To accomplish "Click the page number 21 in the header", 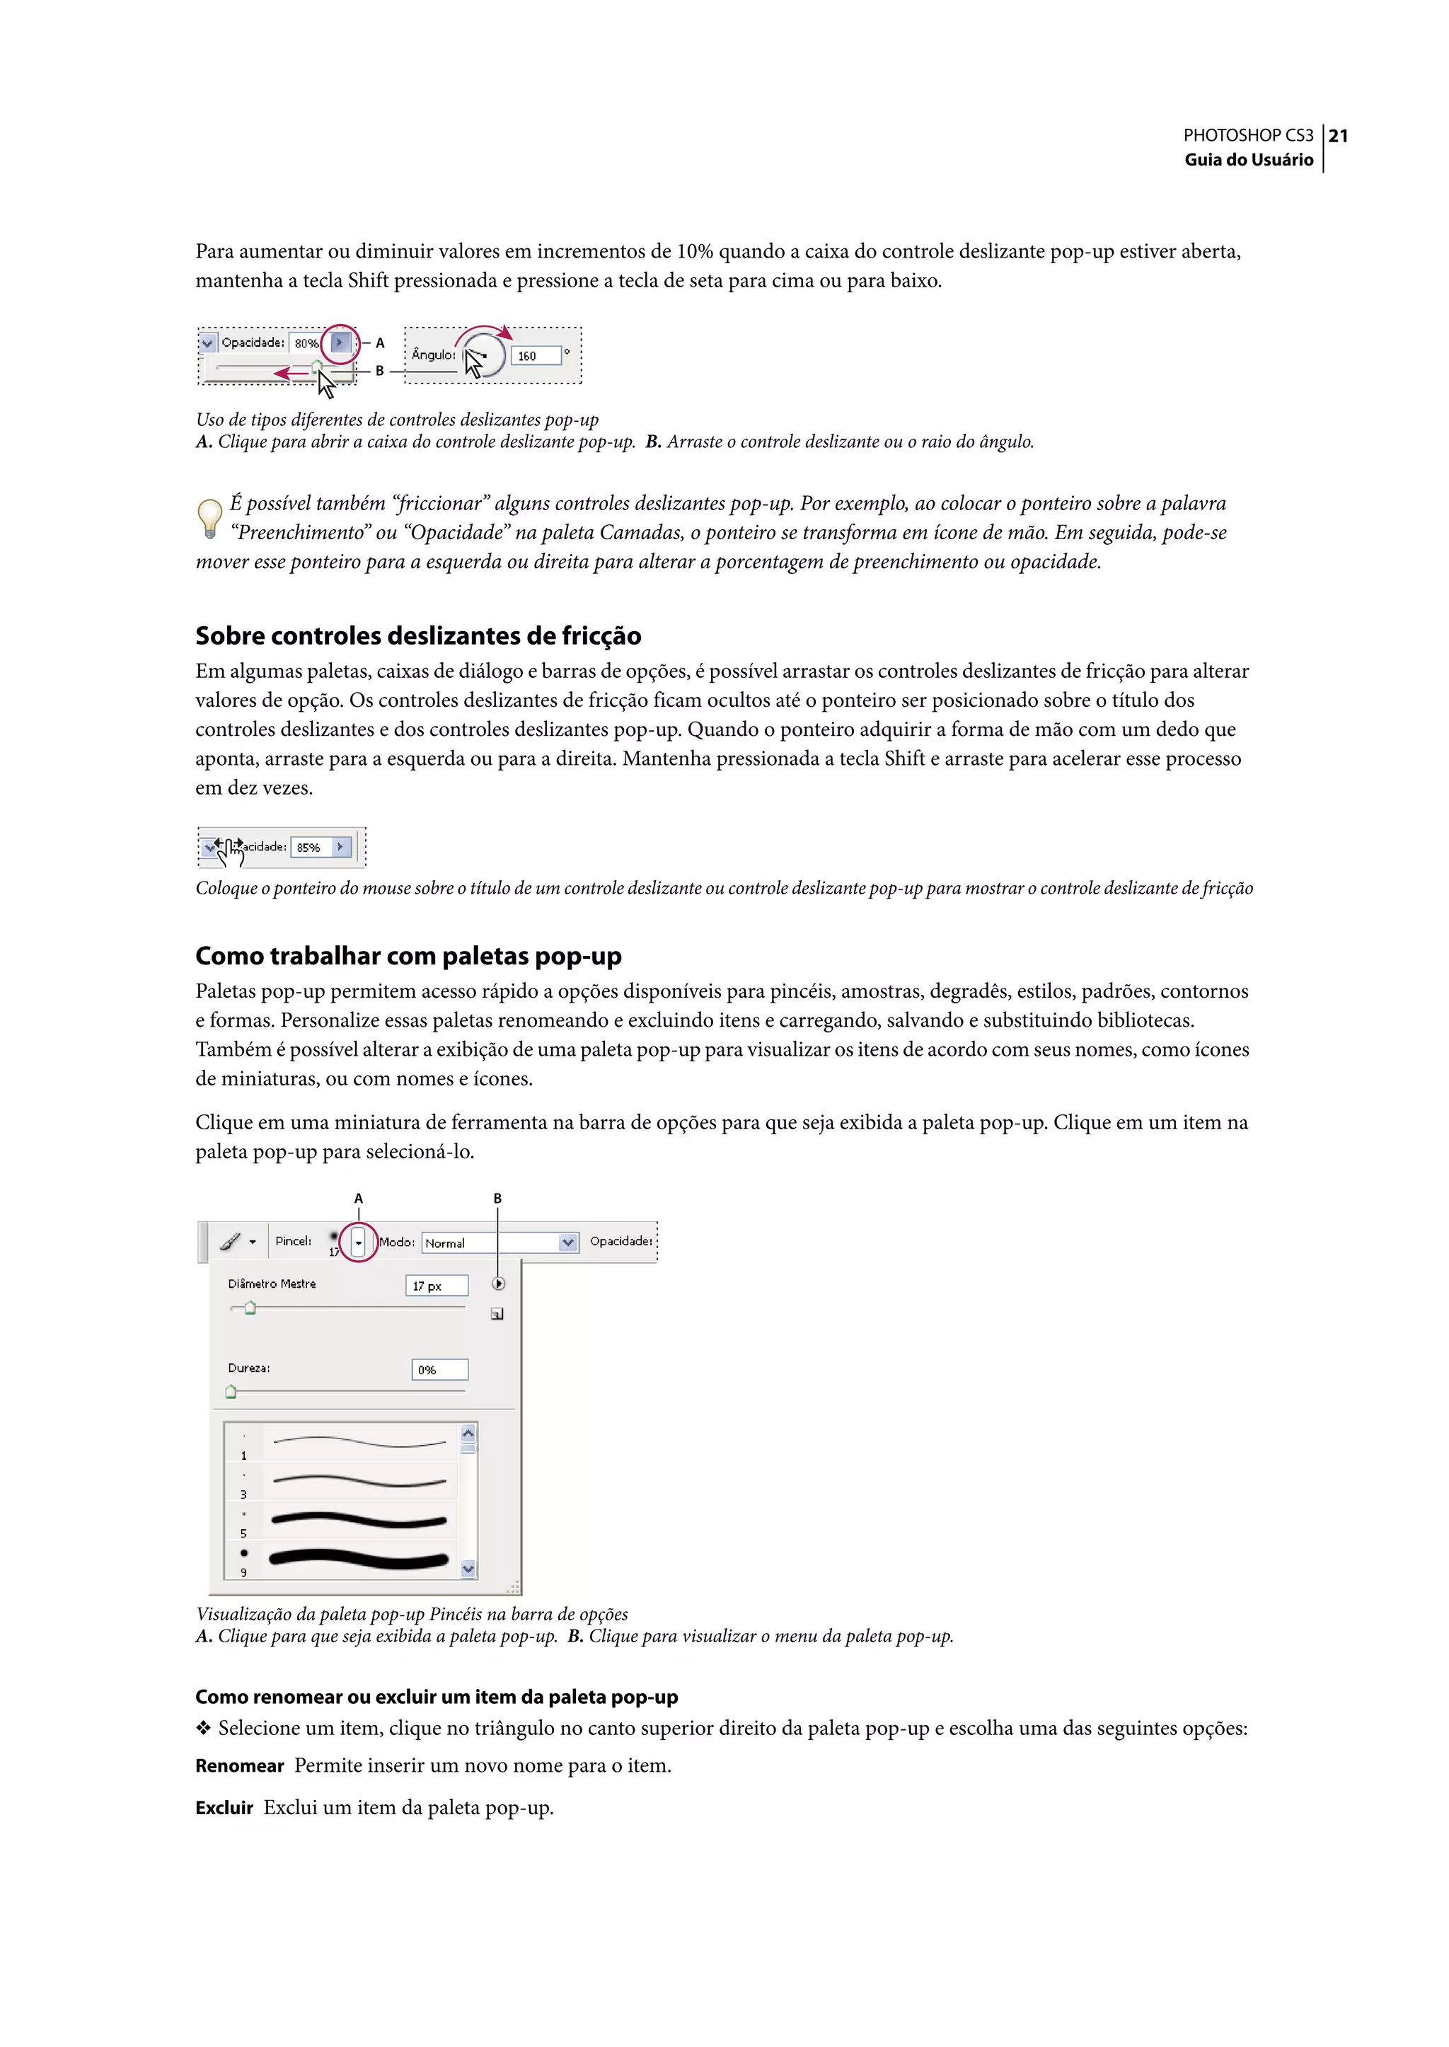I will click(1337, 136).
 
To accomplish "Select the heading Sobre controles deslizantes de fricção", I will click(417, 635).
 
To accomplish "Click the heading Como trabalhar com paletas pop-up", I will click(408, 956).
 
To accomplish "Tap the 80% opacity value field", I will click(306, 342).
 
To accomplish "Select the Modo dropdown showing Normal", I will click(500, 1242).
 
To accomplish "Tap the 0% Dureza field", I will click(439, 1369).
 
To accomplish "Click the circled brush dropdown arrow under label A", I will click(359, 1242).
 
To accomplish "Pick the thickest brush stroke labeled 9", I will click(359, 1559).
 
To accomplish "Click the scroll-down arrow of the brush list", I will click(468, 1568).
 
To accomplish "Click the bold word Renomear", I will click(239, 1766).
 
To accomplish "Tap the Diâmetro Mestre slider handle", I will click(250, 1308).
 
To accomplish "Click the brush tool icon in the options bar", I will click(230, 1241).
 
